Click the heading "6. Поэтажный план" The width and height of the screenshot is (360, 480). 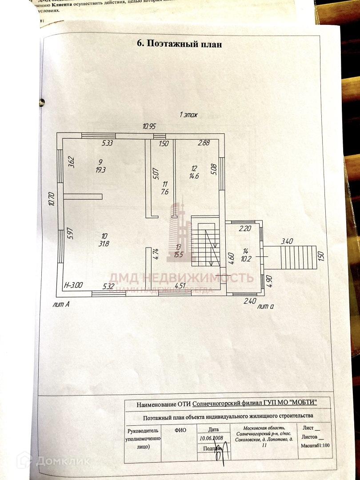(x=179, y=44)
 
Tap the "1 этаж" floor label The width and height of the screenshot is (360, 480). (x=188, y=115)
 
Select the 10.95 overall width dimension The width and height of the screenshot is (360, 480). (x=149, y=127)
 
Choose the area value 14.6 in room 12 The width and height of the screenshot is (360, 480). (x=194, y=176)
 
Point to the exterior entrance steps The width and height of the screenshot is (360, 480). (x=298, y=257)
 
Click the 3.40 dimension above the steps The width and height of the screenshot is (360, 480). (x=287, y=241)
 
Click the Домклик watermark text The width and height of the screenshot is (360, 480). (x=62, y=461)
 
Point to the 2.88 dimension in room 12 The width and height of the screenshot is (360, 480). (x=204, y=143)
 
